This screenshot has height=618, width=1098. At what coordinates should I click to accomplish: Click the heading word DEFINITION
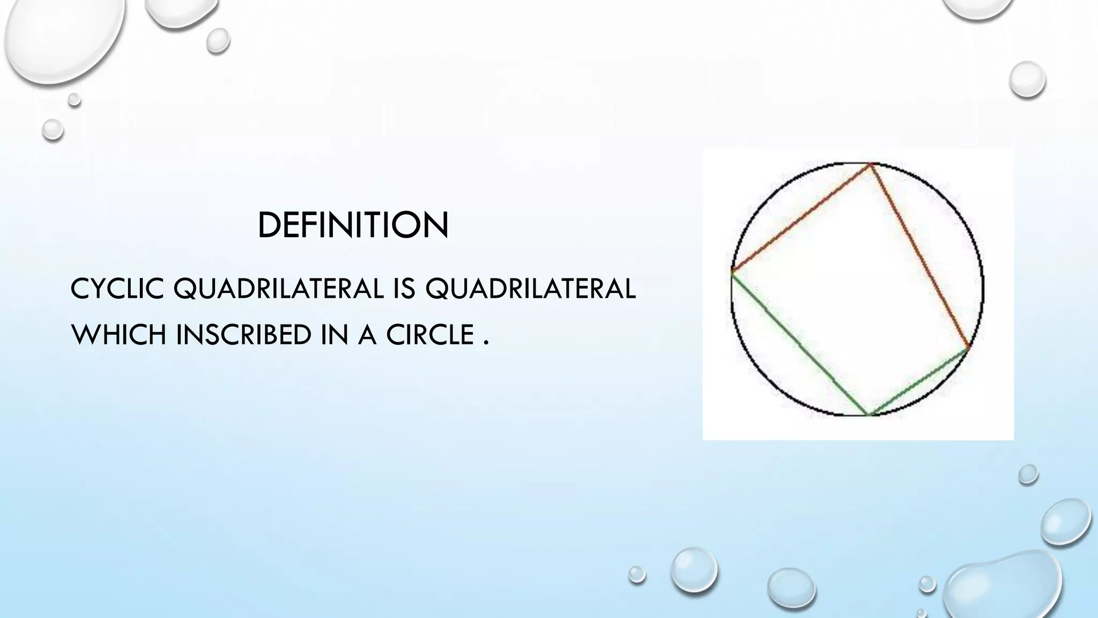pyautogui.click(x=353, y=225)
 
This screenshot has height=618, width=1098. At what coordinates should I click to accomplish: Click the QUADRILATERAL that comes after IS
pyautogui.click(x=530, y=289)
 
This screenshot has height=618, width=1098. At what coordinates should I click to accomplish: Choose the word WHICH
pyautogui.click(x=118, y=335)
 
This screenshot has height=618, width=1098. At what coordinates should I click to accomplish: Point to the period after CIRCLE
pyautogui.click(x=486, y=343)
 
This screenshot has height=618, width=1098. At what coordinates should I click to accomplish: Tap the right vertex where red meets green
pyautogui.click(x=968, y=349)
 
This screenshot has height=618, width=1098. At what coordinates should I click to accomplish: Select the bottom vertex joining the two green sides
pyautogui.click(x=867, y=414)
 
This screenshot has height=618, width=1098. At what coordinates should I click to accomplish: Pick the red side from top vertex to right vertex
pyautogui.click(x=920, y=256)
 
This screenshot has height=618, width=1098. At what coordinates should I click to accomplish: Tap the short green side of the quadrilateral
pyautogui.click(x=918, y=382)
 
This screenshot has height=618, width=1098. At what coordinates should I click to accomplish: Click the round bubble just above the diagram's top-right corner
pyautogui.click(x=1027, y=79)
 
